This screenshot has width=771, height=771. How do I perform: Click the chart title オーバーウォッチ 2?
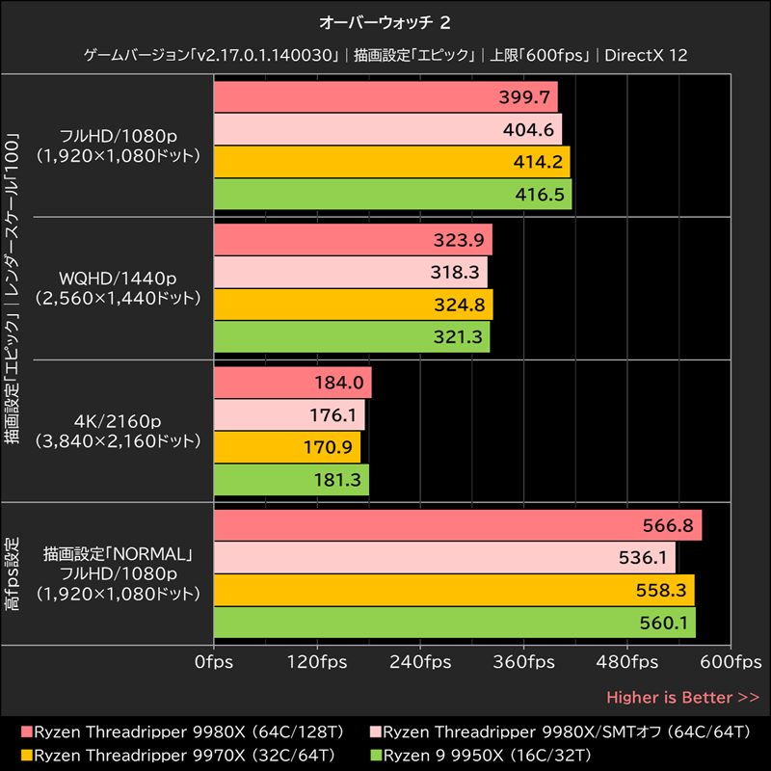pos(385,20)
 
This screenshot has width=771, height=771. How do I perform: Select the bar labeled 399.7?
pos(385,97)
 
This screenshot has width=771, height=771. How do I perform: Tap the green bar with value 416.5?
pos(392,194)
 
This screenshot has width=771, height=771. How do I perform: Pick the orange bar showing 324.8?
pos(353,305)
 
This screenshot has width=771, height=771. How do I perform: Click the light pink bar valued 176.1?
pos(289,415)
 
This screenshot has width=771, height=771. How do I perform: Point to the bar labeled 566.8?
pos(457,526)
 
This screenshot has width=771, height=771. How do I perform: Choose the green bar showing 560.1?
pos(454,623)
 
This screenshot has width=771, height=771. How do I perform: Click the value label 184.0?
pos(338,383)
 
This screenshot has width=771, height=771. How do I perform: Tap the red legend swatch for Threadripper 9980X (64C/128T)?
pos(26,731)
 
